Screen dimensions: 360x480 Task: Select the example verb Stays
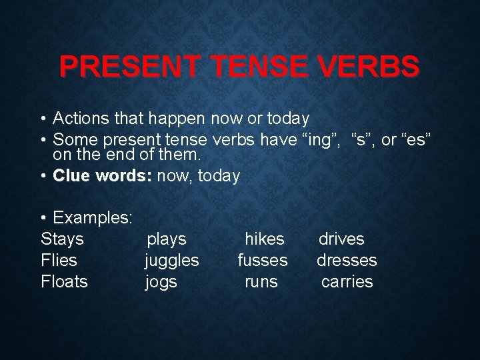click(62, 239)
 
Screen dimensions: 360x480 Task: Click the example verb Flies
click(59, 260)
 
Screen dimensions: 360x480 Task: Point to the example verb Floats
click(64, 281)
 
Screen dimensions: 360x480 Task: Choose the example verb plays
click(167, 239)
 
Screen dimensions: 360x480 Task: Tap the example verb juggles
click(172, 261)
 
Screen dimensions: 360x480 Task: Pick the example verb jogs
click(161, 282)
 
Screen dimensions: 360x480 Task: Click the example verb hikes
click(265, 239)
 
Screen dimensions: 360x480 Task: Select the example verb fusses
click(263, 260)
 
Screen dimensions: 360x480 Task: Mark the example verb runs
click(261, 282)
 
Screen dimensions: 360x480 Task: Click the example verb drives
click(341, 239)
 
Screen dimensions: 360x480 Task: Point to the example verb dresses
click(347, 260)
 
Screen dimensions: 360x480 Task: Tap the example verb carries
click(347, 282)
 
